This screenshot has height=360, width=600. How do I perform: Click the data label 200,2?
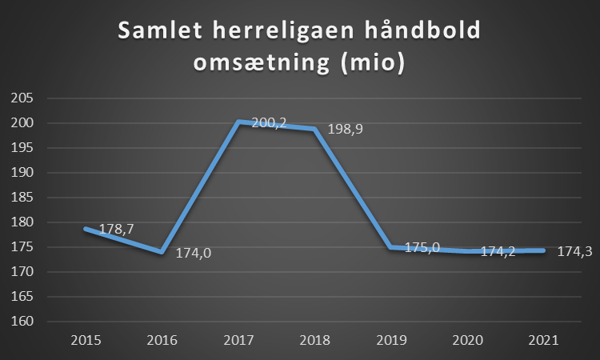click(x=269, y=123)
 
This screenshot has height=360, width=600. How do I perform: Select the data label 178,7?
click(x=115, y=230)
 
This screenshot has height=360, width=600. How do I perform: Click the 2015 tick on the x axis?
click(x=86, y=339)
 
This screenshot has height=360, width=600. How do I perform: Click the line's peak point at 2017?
click(x=240, y=122)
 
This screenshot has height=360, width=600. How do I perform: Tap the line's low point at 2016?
click(x=163, y=252)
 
